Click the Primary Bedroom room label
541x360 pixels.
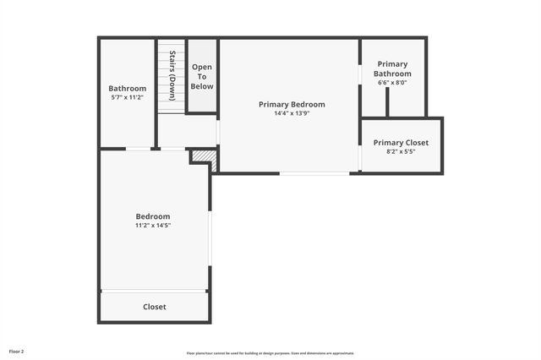tap(292, 105)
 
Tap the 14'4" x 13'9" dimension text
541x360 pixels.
tap(292, 113)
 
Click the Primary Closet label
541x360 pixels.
tap(401, 143)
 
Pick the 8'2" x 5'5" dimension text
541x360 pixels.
tap(401, 152)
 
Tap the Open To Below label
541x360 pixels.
tap(202, 76)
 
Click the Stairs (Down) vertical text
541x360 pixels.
tap(172, 76)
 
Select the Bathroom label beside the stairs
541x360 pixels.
tap(128, 89)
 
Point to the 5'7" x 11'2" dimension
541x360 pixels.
tap(128, 97)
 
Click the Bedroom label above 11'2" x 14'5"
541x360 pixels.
tap(153, 216)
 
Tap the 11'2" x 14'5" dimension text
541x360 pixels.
tap(153, 226)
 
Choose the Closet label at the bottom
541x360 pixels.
tap(155, 307)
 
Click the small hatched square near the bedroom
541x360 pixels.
tap(203, 157)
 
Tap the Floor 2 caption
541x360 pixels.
tap(17, 351)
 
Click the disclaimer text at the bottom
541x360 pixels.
tap(270, 353)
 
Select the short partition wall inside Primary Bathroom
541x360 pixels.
tap(387, 101)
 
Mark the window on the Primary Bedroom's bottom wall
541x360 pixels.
tap(314, 173)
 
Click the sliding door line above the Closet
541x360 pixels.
tap(154, 292)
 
